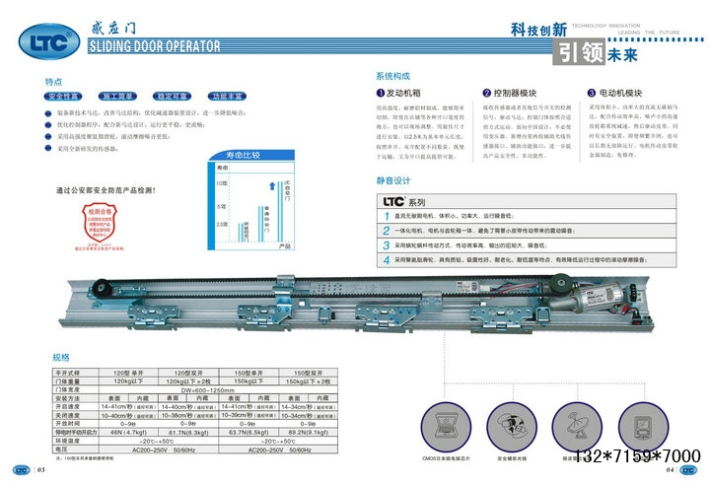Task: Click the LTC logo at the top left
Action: coord(43,43)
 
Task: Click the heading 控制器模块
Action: coord(515,91)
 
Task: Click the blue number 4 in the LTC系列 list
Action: coord(387,259)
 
